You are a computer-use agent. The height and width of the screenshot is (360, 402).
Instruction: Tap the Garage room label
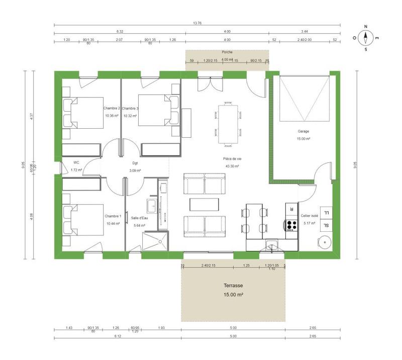(x=303, y=131)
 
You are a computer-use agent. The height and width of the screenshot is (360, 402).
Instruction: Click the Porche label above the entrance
(x=227, y=52)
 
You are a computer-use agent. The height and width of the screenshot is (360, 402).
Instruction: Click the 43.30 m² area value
(x=231, y=166)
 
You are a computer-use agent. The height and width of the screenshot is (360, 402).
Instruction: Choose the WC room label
(x=76, y=162)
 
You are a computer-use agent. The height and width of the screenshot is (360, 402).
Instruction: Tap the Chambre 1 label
(x=113, y=216)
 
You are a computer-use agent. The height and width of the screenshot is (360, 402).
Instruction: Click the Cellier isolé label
(x=309, y=216)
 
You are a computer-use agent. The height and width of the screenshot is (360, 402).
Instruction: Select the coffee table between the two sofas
(x=205, y=204)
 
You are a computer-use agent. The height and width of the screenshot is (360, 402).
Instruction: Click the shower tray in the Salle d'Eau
(x=155, y=242)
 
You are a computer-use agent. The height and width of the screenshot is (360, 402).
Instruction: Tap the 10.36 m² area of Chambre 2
(x=112, y=116)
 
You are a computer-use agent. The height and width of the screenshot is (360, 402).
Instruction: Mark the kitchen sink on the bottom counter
(x=272, y=246)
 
